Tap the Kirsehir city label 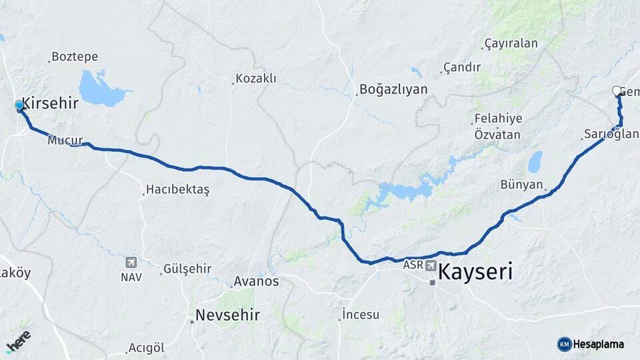click(x=50, y=103)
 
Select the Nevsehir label click(x=227, y=314)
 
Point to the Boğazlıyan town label click(x=393, y=89)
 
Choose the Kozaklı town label click(x=257, y=79)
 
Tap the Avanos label click(x=256, y=281)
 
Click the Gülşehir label click(x=188, y=269)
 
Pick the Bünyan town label click(x=522, y=185)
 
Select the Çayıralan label click(x=511, y=44)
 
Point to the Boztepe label click(x=75, y=57)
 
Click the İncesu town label click(x=361, y=314)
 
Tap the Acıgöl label click(x=146, y=349)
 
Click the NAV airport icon click(x=131, y=263)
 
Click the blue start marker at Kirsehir click(x=19, y=105)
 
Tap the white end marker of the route click(x=617, y=91)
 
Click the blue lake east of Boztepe click(x=100, y=89)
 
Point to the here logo click(x=19, y=341)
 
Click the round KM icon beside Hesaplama click(x=564, y=344)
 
